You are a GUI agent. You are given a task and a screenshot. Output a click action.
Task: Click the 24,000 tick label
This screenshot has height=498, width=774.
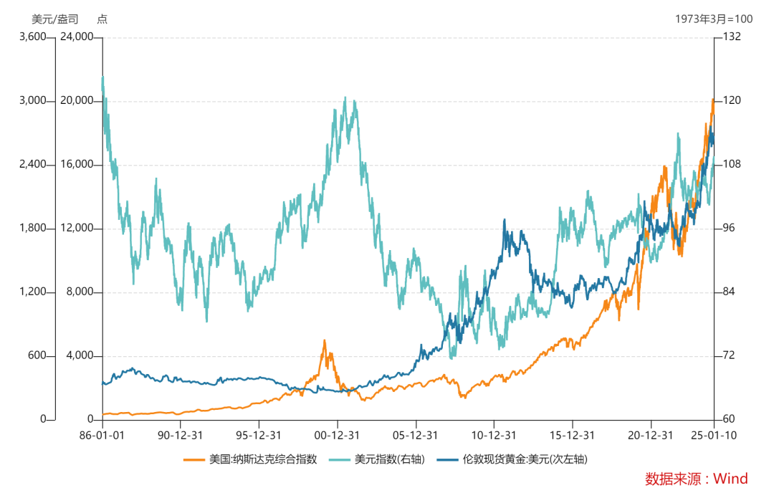(75, 37)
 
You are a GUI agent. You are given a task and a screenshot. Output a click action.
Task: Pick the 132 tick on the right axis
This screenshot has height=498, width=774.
(732, 37)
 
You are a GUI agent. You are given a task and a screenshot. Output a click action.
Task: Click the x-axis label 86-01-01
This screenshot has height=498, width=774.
(102, 435)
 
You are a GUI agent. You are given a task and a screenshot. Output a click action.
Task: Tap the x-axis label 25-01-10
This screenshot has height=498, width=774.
(713, 435)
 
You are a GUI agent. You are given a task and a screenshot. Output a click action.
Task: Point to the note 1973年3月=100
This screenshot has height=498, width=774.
(714, 19)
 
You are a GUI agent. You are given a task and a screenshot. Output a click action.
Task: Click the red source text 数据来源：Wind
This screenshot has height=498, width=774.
(696, 479)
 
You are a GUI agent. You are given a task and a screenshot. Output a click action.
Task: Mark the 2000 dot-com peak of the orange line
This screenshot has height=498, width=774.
(325, 340)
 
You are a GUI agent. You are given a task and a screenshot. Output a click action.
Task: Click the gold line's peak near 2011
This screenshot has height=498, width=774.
(505, 221)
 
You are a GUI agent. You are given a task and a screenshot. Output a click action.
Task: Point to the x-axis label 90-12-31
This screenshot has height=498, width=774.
(181, 435)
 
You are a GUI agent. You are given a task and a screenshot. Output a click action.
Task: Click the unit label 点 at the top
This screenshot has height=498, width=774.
(102, 19)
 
